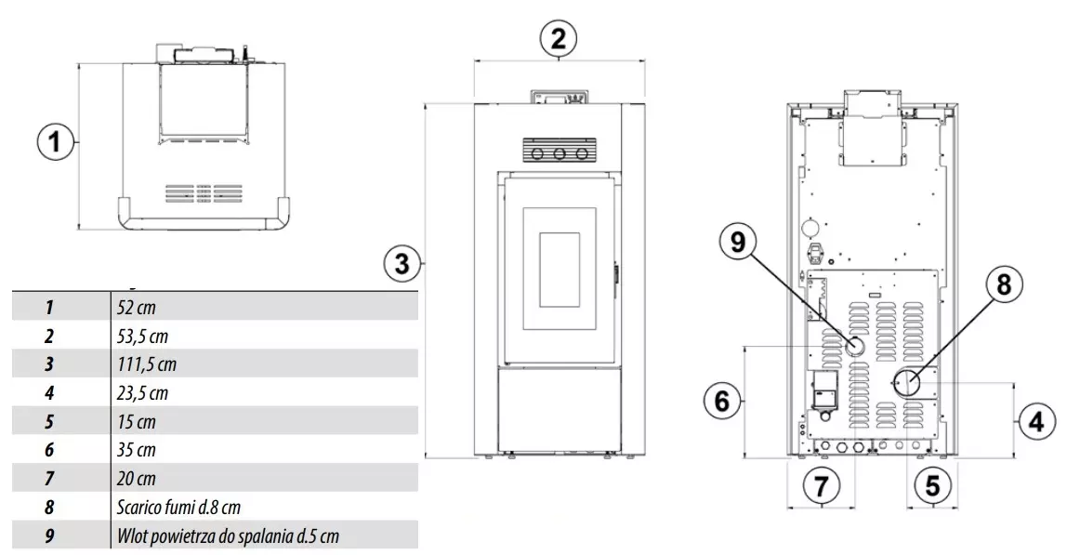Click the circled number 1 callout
[x=55, y=142]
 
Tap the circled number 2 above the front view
[x=558, y=38]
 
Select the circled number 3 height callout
[x=402, y=263]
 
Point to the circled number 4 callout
[x=1036, y=420]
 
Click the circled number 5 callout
[x=932, y=484]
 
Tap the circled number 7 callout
[x=821, y=484]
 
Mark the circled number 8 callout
[x=1004, y=284]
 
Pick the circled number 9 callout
[x=738, y=243]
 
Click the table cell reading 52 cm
[x=137, y=307]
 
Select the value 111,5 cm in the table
[x=147, y=363]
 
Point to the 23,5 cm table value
[x=142, y=392]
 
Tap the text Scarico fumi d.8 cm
[x=178, y=508]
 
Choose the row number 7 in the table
[x=49, y=479]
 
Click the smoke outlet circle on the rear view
[x=906, y=382]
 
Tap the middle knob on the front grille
[x=560, y=153]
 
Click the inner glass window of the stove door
[x=559, y=270]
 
